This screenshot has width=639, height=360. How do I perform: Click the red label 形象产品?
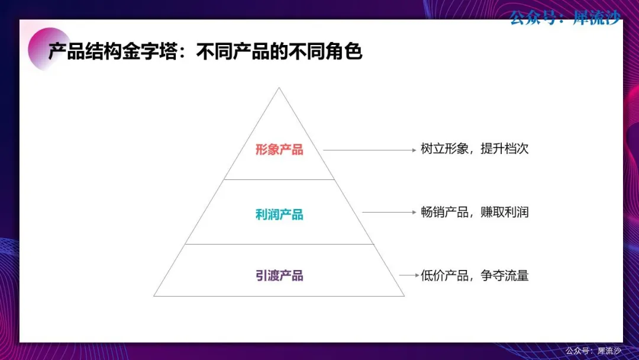[279, 150]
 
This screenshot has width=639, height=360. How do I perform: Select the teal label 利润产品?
[279, 214]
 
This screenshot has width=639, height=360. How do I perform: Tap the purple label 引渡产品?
[279, 275]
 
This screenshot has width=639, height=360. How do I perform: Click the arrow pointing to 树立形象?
[370, 150]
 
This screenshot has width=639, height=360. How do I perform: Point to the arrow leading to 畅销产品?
[389, 212]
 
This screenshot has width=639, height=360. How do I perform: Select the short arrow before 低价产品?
[409, 275]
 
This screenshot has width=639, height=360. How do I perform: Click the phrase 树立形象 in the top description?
[444, 149]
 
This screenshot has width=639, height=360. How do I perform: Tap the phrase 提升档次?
[505, 149]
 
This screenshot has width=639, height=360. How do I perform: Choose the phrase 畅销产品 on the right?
[444, 213]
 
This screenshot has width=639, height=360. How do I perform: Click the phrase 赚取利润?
[505, 213]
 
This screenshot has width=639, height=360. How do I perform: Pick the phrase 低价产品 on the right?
[444, 275]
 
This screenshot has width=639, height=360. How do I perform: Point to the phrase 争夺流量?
[505, 275]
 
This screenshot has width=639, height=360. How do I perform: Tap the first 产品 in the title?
[66, 52]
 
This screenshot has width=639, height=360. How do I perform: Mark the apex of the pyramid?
[279, 88]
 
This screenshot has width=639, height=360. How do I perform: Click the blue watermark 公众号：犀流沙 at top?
[565, 18]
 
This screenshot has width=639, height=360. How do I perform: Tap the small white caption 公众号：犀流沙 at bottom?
[593, 351]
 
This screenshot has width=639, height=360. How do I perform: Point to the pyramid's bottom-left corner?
[154, 296]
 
